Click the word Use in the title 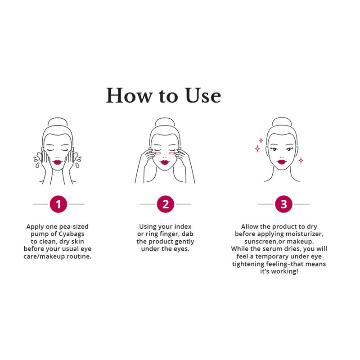pyautogui.click(x=203, y=95)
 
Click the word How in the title pyautogui.click(x=130, y=95)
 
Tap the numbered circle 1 pyautogui.click(x=58, y=204)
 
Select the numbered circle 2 pyautogui.click(x=165, y=204)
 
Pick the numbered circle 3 pyautogui.click(x=283, y=204)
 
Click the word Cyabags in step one pyautogui.click(x=72, y=234)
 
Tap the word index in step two pyautogui.click(x=183, y=227)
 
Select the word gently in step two pyautogui.click(x=184, y=242)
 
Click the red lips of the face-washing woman pyautogui.click(x=58, y=162)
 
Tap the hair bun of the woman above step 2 pyautogui.click(x=165, y=122)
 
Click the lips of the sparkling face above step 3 pyautogui.click(x=282, y=162)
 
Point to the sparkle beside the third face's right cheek pyautogui.click(x=301, y=160)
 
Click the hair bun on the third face pyautogui.click(x=282, y=121)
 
